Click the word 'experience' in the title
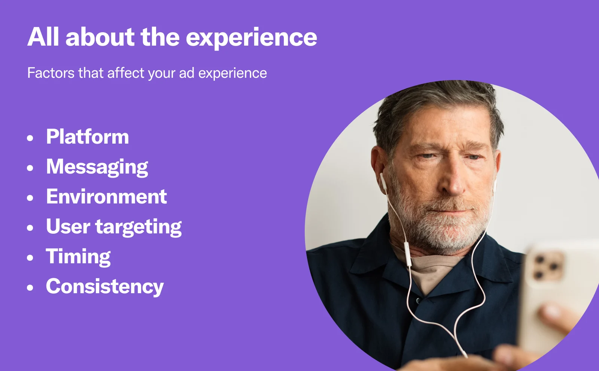(251, 38)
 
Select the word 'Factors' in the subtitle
(51, 73)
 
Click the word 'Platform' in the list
(88, 137)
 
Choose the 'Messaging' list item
(97, 167)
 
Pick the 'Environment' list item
(106, 197)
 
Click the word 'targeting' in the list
(139, 227)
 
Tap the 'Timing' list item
(78, 257)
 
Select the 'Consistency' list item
(105, 287)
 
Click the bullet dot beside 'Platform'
(30, 138)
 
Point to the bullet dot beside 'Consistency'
(30, 288)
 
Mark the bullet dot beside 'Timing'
(30, 258)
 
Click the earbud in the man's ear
(383, 180)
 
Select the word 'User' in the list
(68, 227)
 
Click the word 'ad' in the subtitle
(186, 73)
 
